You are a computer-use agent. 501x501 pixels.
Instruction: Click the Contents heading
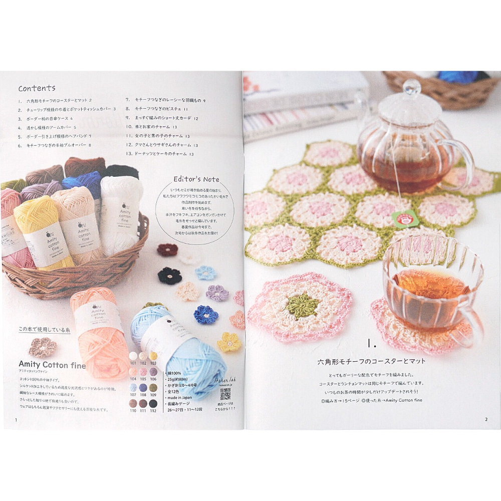(37, 88)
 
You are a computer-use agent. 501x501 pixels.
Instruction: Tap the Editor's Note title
(196, 179)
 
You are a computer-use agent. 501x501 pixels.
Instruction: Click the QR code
(225, 394)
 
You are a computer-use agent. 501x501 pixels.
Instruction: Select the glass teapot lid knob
(412, 87)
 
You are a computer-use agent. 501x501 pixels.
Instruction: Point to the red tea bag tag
(405, 217)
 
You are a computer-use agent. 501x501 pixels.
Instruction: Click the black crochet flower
(169, 275)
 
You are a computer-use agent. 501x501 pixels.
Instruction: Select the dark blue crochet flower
(205, 315)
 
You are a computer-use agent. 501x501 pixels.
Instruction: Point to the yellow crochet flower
(229, 342)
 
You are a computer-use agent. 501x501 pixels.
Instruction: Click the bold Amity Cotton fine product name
(52, 365)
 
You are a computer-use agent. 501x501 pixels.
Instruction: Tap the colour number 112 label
(153, 410)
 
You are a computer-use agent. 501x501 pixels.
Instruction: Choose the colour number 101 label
(133, 362)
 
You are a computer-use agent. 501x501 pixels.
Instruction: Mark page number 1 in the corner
(17, 420)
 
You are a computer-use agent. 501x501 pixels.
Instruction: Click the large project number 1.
(371, 344)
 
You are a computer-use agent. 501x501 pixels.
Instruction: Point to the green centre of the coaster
(300, 303)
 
